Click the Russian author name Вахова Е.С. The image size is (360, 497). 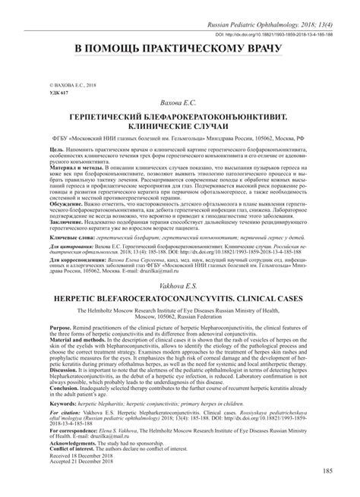click(x=180, y=101)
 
